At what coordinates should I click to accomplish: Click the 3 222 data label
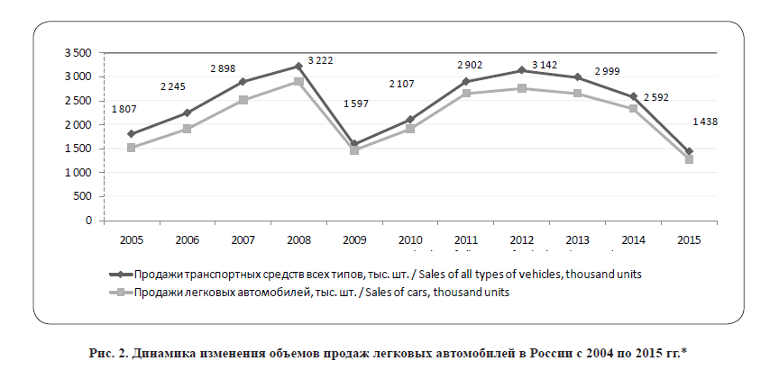pos(322,60)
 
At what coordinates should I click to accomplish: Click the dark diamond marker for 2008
pos(298,66)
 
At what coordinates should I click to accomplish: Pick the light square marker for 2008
pos(298,82)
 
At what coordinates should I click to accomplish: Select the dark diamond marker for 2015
pos(689,151)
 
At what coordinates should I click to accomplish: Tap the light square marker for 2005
pos(132,148)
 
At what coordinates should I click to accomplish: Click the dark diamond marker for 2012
pos(521,70)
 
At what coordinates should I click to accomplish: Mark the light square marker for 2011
pos(465,94)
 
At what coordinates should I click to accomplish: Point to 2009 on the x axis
pos(354,240)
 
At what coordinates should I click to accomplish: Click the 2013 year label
pos(577,240)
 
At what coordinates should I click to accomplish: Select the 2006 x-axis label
pos(187,240)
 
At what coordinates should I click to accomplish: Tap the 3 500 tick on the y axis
pos(78,53)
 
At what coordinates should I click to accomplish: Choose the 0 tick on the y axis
pos(88,220)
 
